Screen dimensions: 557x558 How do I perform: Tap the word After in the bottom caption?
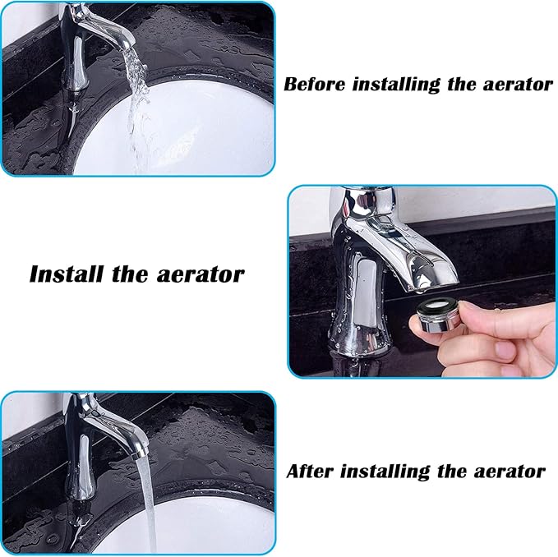pyautogui.click(x=310, y=471)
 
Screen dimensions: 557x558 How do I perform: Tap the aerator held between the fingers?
pyautogui.click(x=438, y=315)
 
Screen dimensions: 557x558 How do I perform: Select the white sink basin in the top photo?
pyautogui.click(x=205, y=131)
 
